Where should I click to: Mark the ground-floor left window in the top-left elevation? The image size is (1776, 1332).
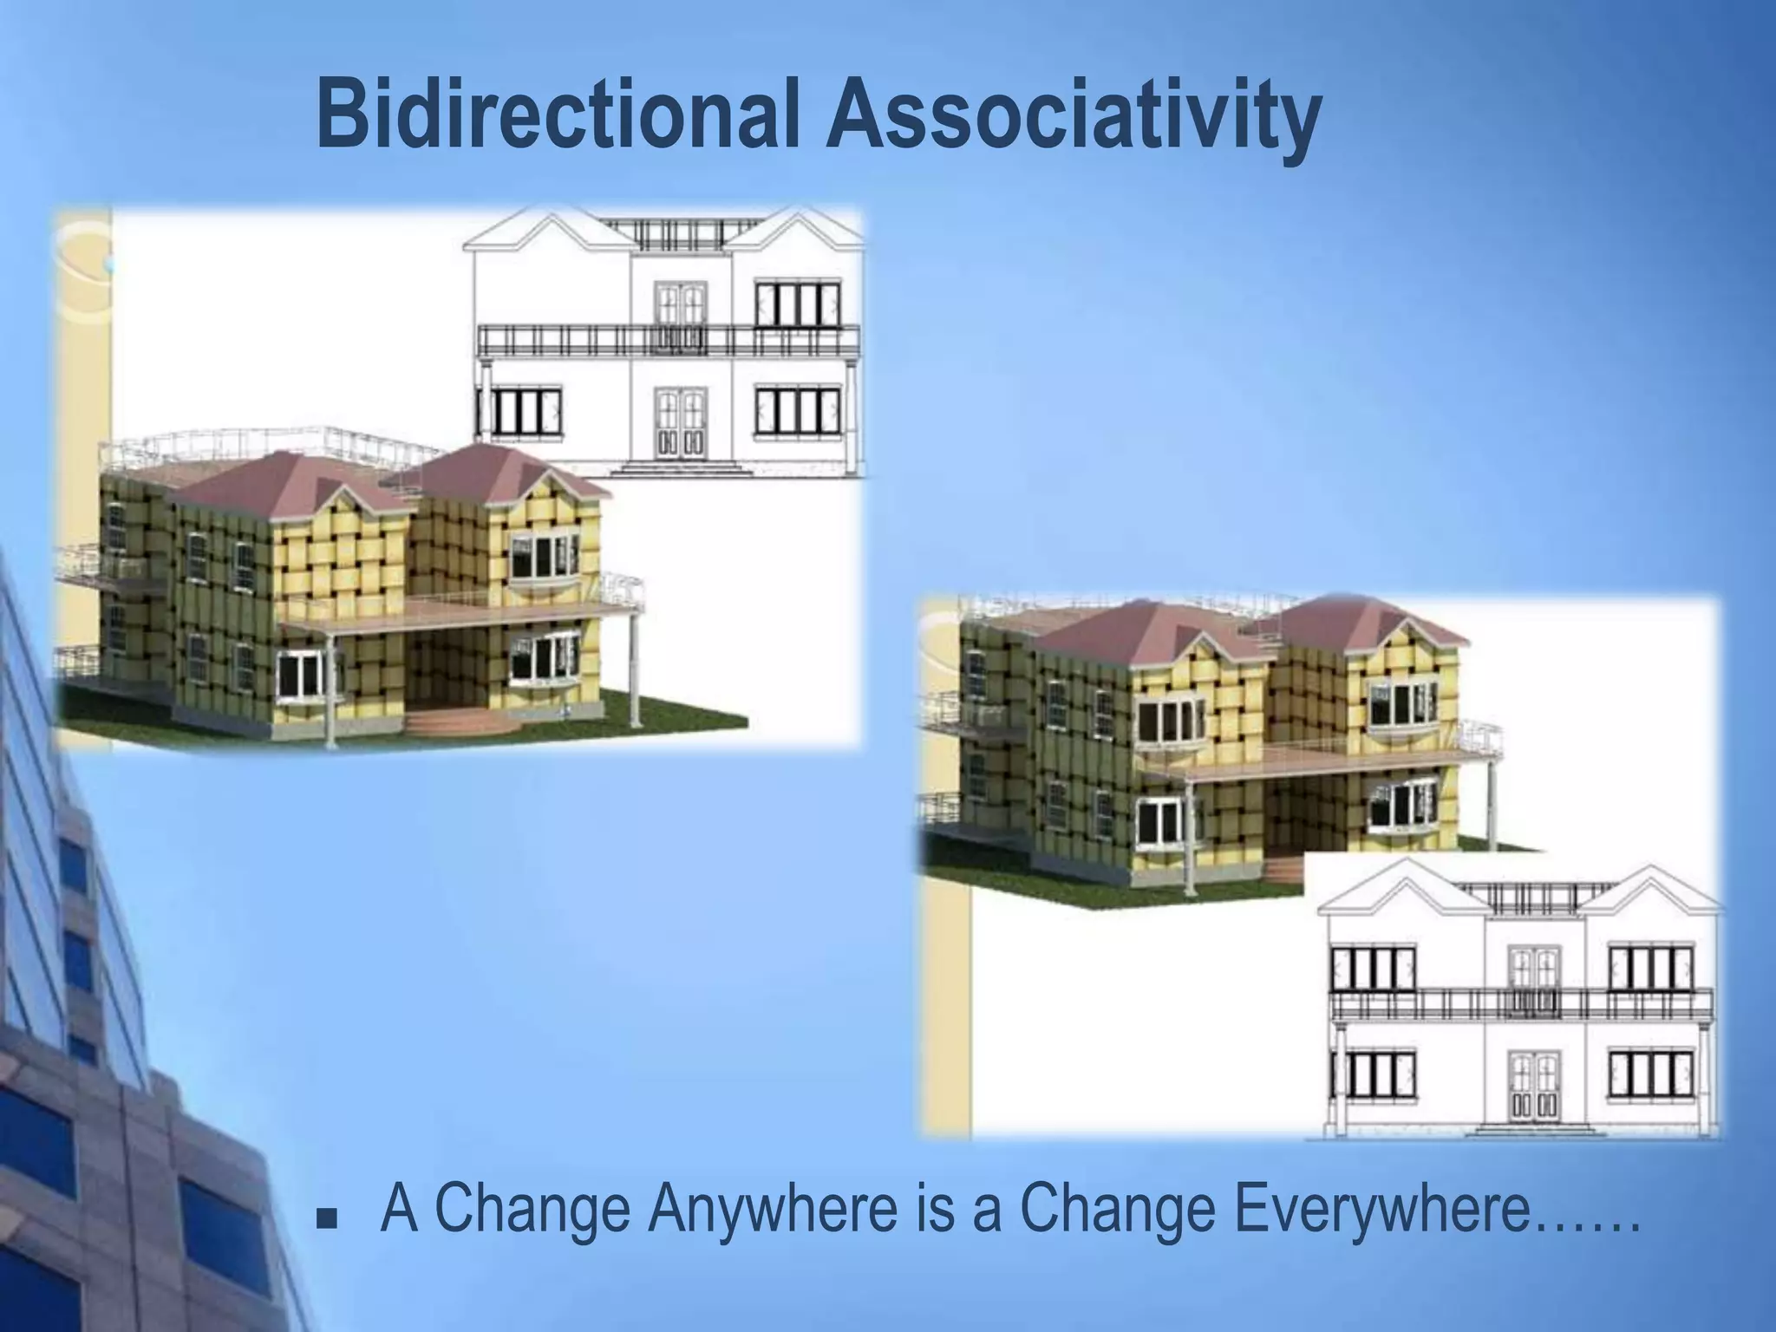coord(520,411)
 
